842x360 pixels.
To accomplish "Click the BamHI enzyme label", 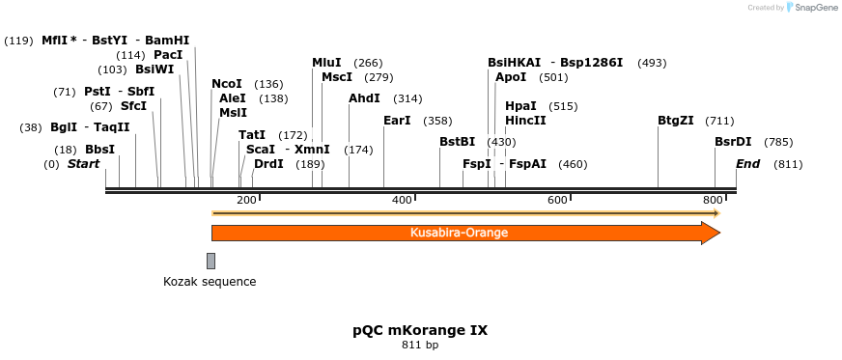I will [x=168, y=40].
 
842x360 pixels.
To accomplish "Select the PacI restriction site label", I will [x=168, y=55].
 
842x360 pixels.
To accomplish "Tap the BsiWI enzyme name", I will [x=154, y=69].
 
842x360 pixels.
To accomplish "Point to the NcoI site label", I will [x=227, y=84].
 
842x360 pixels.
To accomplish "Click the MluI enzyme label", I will [x=326, y=63].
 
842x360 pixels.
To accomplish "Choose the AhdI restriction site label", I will [x=364, y=98].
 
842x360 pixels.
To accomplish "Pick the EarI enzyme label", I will [x=397, y=121].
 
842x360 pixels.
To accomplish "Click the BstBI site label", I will [x=458, y=142].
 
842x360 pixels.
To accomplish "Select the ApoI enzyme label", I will [x=511, y=77].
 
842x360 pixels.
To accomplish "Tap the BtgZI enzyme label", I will [x=676, y=121].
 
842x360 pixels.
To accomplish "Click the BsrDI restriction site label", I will [x=733, y=142].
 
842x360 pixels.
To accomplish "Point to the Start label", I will [x=83, y=164].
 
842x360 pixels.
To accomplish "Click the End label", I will [x=748, y=164].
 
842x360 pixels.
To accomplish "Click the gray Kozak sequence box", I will [x=210, y=261].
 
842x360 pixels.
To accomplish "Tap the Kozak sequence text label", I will [x=210, y=282].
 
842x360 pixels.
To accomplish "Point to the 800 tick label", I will [x=712, y=200].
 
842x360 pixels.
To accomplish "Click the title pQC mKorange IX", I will [x=420, y=329].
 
